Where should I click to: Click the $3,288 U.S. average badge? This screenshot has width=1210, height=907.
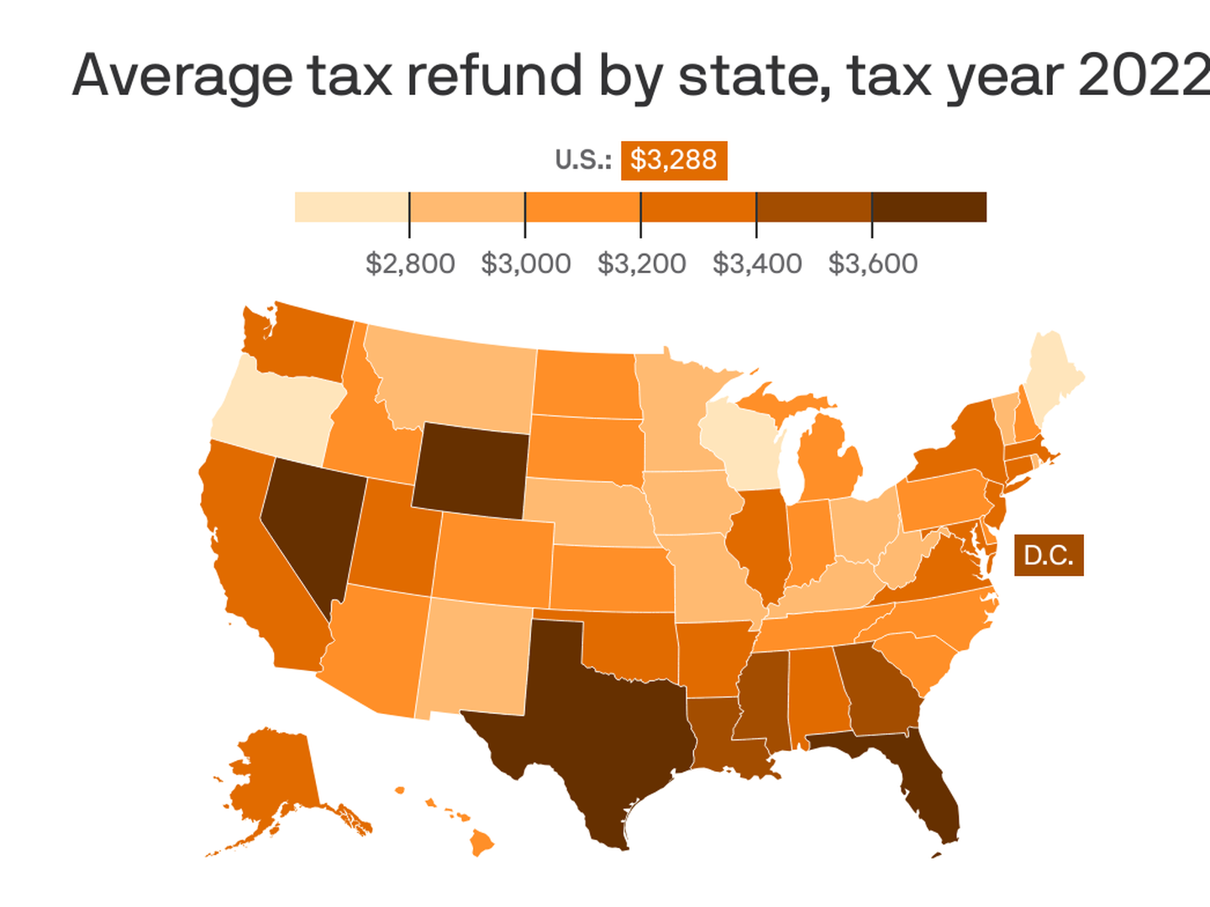(673, 160)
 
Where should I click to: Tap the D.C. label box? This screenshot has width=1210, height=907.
(1048, 555)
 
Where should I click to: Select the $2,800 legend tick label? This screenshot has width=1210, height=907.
(410, 264)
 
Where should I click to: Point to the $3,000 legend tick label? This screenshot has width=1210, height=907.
(525, 264)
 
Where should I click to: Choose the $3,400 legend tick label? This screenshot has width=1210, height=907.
(756, 264)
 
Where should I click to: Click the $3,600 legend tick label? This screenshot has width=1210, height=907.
(872, 264)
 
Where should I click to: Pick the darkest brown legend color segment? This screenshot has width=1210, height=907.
(929, 207)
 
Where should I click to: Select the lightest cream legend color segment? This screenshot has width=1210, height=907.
(351, 207)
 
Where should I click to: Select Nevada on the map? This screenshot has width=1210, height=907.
(311, 521)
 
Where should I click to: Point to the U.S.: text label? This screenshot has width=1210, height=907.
(582, 160)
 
